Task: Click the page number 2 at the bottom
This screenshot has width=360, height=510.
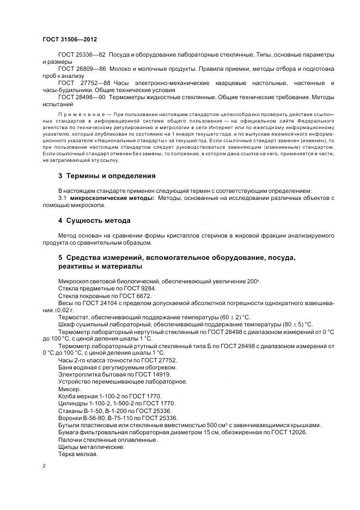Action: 44,466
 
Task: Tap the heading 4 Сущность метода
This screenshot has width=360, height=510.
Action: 94,221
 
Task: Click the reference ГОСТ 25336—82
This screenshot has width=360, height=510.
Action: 82,56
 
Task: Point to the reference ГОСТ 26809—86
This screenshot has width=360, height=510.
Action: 82,69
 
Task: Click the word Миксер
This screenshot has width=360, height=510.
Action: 69,390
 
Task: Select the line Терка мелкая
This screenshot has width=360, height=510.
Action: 78,454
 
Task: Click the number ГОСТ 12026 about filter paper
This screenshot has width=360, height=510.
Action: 290,432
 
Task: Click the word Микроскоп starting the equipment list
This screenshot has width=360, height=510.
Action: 75,280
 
